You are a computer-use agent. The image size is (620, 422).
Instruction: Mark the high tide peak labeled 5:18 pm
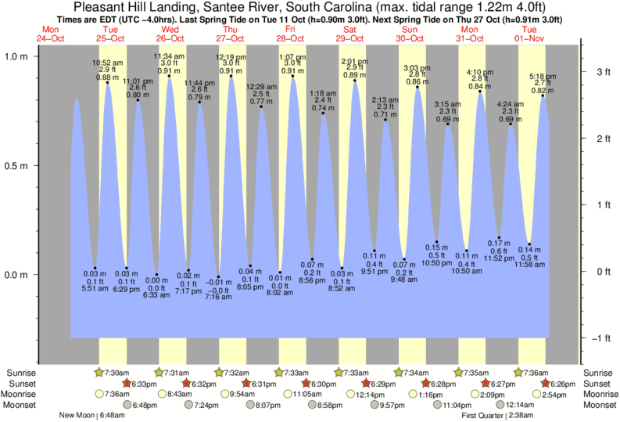click(x=543, y=96)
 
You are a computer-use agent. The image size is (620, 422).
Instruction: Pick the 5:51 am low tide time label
click(x=94, y=289)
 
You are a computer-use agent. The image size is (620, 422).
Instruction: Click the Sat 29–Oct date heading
click(x=350, y=34)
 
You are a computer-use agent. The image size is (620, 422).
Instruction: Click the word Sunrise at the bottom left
click(x=20, y=372)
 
